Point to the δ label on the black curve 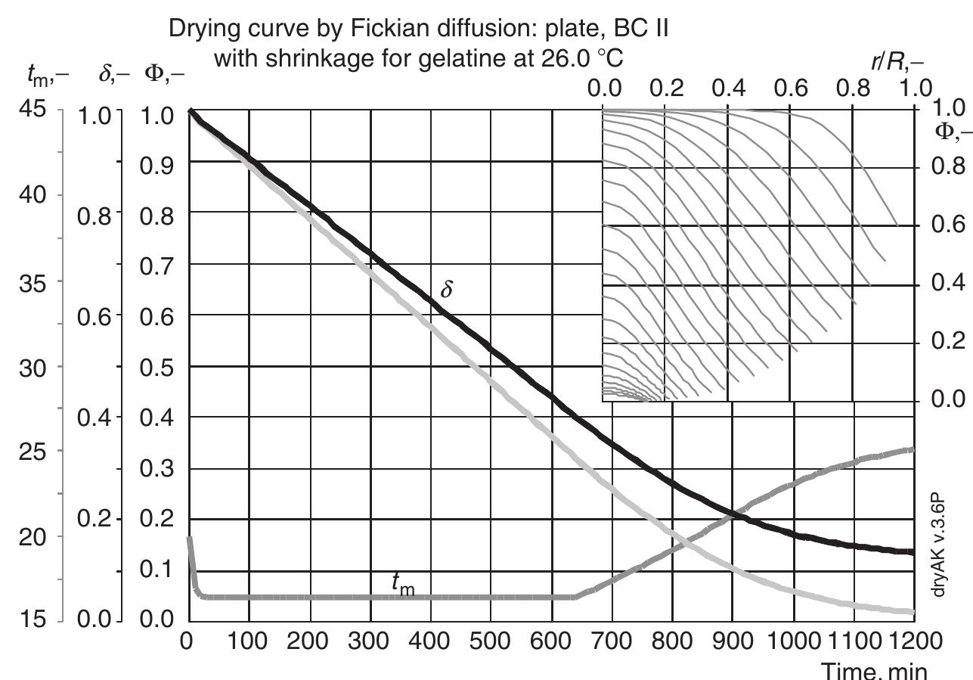click(447, 290)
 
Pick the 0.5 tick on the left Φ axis click(160, 367)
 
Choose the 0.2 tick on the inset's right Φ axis click(943, 341)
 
